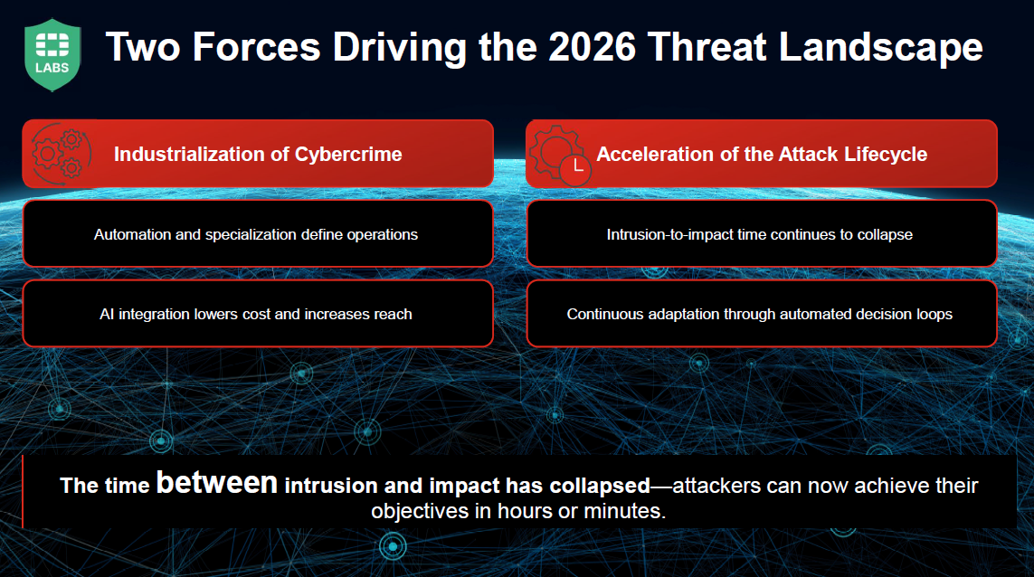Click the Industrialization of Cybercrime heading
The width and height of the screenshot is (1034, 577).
pos(258,154)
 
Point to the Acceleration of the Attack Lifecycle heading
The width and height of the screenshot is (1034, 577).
pos(762,154)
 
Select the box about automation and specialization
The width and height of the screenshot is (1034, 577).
pos(257,234)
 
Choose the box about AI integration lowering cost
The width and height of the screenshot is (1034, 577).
pos(257,314)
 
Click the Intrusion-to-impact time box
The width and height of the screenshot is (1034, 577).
pos(760,234)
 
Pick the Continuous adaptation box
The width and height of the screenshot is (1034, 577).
pos(760,314)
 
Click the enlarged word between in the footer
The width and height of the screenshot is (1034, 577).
pos(217,483)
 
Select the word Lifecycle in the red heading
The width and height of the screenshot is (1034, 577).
pos(886,154)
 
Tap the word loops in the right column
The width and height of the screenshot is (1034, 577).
pos(934,315)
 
